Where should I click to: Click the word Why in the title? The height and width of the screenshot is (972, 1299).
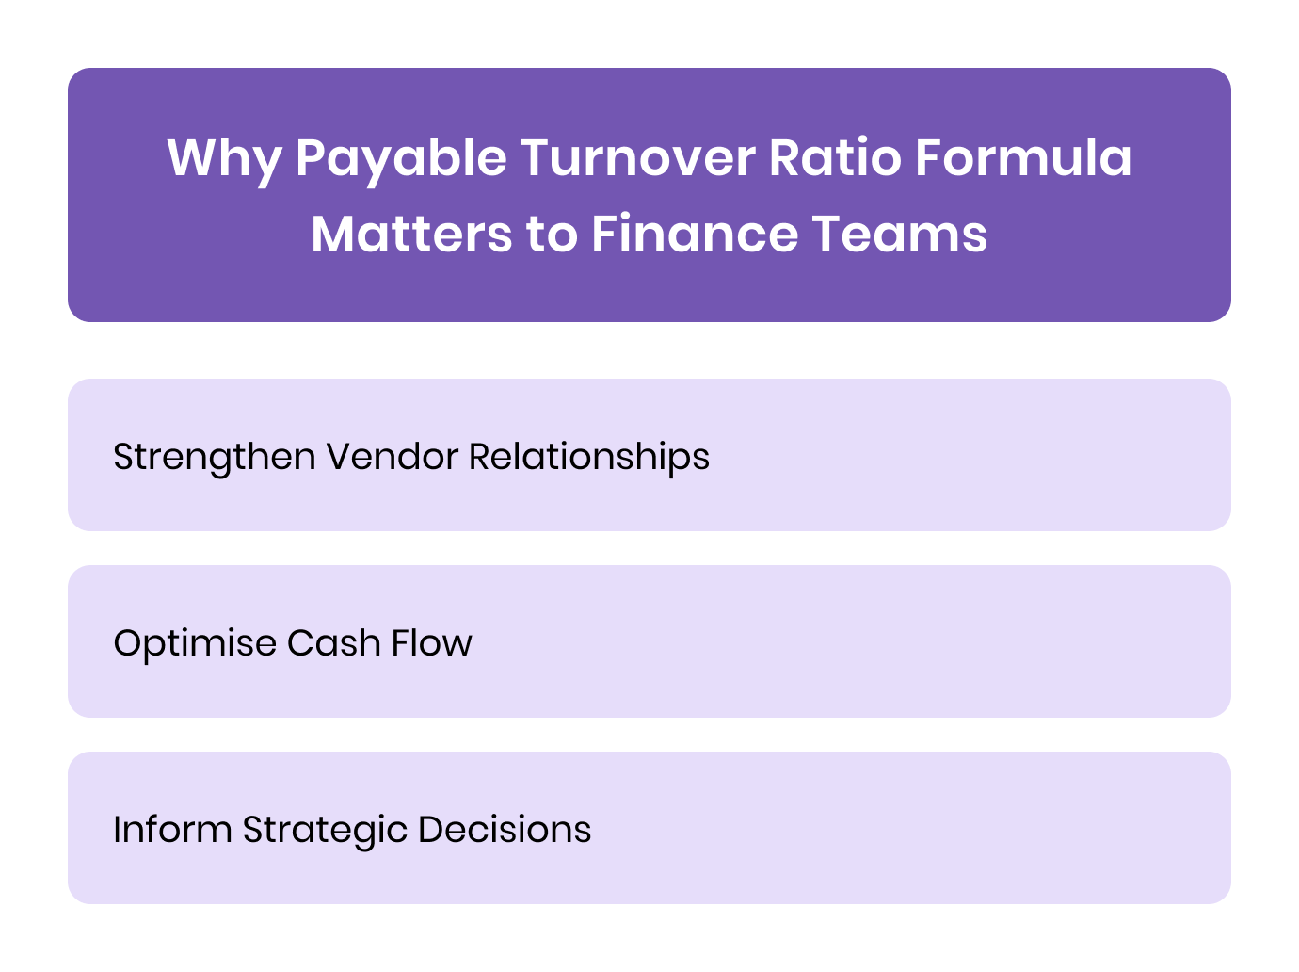224,158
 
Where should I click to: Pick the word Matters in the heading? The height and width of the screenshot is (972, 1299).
411,234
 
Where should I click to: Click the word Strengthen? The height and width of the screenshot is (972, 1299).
214,458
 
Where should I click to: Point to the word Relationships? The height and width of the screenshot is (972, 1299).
589,458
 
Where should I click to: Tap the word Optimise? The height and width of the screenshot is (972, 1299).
194,643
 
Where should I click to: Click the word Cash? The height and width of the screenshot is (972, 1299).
327,643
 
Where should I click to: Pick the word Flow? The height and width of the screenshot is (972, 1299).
431,643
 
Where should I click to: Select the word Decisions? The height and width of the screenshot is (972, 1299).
505,830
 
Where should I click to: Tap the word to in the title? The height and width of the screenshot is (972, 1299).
551,234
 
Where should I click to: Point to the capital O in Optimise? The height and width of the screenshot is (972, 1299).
128,643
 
